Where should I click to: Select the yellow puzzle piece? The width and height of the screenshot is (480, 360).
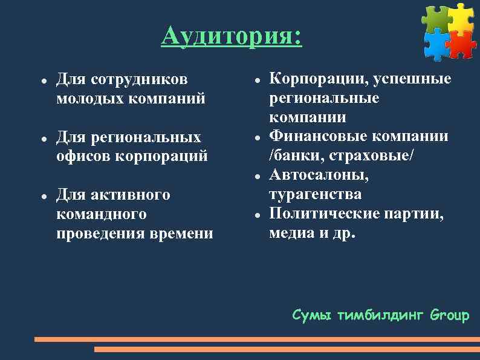coord(461,18)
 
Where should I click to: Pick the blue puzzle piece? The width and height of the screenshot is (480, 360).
coord(436,44)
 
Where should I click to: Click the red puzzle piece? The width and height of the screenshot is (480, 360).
coord(462,44)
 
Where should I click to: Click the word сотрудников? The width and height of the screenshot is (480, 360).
coord(139,79)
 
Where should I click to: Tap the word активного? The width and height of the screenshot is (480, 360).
coord(130,195)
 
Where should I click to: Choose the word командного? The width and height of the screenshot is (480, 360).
coord(100,214)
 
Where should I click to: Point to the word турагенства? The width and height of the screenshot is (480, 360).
coord(315,195)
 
